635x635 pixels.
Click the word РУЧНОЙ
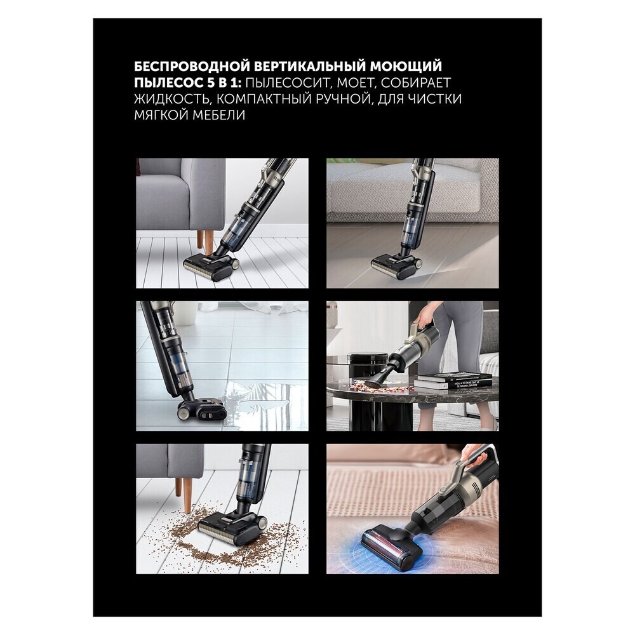[348, 99]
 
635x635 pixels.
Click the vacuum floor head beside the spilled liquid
[201, 409]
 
